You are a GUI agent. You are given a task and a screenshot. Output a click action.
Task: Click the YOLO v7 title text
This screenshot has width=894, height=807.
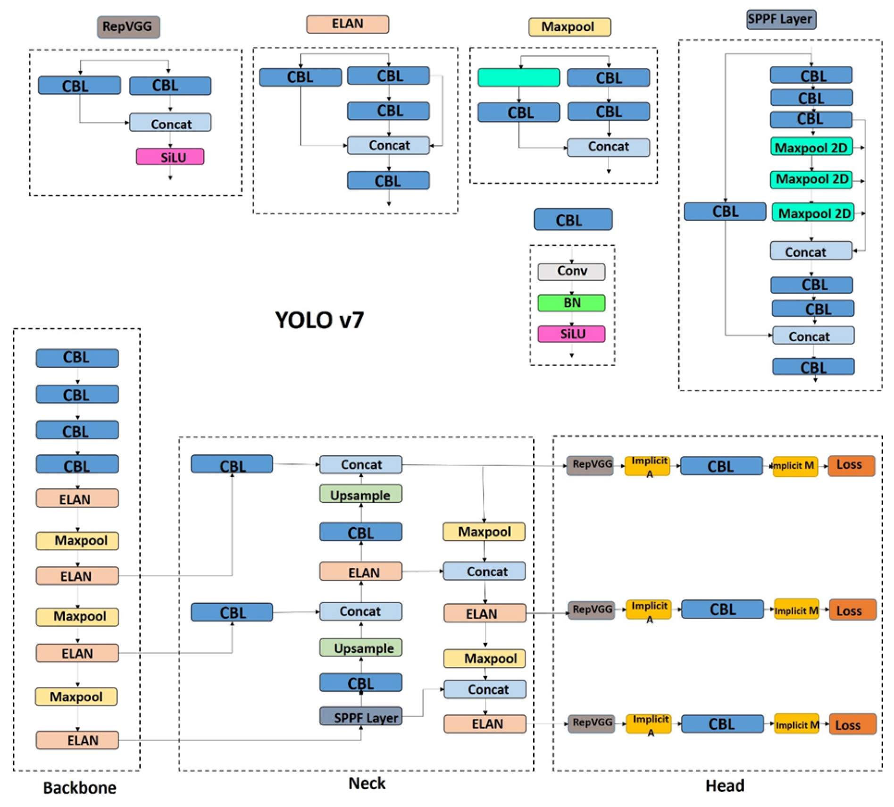click(x=319, y=320)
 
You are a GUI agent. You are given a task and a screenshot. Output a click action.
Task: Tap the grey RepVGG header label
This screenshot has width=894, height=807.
click(x=128, y=27)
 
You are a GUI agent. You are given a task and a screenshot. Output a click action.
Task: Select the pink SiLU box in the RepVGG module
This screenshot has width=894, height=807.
click(x=170, y=157)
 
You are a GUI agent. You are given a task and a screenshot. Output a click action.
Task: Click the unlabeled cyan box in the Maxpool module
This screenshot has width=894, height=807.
click(x=518, y=77)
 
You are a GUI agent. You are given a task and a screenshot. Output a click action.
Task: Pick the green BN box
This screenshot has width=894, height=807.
click(x=571, y=303)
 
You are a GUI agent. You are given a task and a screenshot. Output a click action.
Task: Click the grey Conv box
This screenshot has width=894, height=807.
click(x=571, y=271)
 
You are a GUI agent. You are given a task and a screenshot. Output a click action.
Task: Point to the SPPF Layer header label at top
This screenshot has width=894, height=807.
click(x=780, y=19)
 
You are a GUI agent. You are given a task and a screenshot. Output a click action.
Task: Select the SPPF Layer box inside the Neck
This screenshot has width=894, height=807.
click(x=360, y=716)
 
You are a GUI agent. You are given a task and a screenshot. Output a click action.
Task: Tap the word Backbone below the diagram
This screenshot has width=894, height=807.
click(x=79, y=787)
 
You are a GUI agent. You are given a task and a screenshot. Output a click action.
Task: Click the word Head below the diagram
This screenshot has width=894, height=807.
click(x=724, y=785)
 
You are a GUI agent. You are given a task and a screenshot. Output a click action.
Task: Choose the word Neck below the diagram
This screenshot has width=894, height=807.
click(x=366, y=783)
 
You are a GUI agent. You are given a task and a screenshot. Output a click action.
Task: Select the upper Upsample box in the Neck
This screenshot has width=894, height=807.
click(x=360, y=495)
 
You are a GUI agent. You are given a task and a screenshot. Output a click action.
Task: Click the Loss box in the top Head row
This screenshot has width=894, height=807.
click(x=851, y=465)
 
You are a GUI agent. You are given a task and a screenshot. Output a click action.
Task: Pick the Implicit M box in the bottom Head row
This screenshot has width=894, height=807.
click(x=796, y=724)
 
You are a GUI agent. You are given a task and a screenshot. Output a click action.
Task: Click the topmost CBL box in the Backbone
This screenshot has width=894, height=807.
click(x=77, y=358)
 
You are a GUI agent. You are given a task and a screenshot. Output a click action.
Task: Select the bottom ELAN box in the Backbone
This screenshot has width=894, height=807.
click(x=77, y=740)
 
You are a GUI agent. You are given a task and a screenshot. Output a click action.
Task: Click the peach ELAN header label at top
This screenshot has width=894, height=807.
click(x=347, y=24)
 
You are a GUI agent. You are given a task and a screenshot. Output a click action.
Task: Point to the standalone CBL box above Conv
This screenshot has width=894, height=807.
click(x=572, y=220)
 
